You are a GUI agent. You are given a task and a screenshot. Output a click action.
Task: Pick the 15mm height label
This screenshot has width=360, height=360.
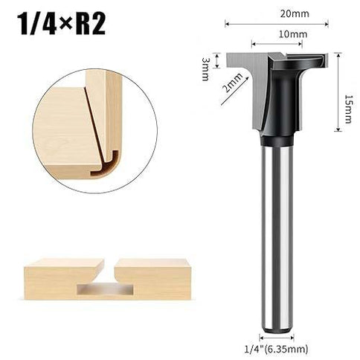point(348,93)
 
